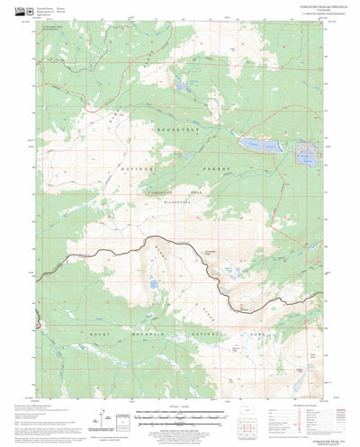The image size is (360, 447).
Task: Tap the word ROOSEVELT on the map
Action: (178, 130)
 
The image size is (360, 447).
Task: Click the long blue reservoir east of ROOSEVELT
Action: (257, 144)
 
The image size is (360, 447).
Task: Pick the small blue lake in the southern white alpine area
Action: (155, 284)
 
